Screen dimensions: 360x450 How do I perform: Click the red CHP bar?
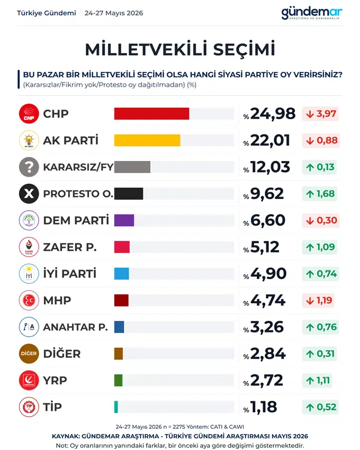151,114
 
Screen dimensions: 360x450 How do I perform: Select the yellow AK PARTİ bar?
147,140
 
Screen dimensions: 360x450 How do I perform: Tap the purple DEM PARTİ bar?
124,220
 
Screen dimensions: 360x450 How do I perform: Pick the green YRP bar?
118,380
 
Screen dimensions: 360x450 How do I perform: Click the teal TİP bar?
116,407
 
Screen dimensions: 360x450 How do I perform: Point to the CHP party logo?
29,114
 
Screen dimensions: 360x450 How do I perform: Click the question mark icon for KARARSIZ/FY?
29,167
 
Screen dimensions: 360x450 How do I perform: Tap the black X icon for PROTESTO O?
29,194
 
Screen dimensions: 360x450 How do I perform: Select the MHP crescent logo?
29,301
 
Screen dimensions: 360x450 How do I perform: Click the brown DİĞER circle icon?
29,354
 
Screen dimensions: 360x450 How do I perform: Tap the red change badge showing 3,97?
321,114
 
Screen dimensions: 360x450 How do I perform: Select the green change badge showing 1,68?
320,194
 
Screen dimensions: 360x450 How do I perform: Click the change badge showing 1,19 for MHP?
318,301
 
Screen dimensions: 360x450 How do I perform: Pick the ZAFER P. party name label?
70,247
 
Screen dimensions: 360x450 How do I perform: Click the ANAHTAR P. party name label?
76,327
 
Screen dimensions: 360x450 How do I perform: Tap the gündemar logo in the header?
312,13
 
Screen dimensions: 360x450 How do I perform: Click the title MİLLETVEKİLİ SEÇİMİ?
180,49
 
